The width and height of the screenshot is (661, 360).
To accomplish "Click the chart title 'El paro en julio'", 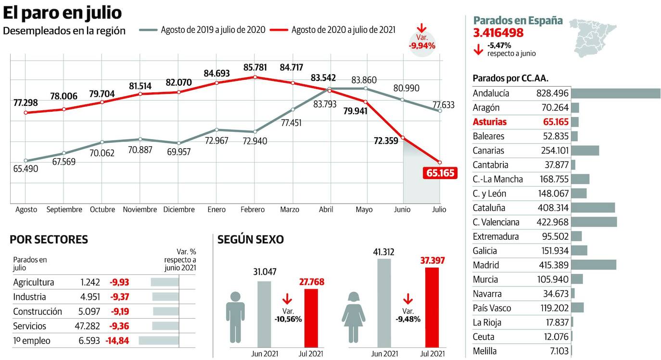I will coord(63,13).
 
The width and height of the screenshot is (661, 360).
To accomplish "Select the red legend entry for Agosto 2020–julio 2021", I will coord(343,30).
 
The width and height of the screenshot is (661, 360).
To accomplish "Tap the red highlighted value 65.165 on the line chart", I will coord(440,173).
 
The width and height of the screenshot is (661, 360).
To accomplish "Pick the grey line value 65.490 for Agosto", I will coord(26,169).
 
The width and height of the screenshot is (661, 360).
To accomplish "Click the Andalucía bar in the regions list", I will coord(615,93).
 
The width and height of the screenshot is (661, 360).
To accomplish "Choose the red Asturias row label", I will coord(490,122).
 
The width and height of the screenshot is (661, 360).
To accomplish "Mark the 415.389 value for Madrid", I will coord(552,265).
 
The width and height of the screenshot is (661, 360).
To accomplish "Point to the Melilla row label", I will coord(484,351).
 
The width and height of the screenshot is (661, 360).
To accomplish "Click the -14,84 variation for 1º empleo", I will coord(117,341).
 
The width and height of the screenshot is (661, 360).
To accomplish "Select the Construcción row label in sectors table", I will coord(38,311).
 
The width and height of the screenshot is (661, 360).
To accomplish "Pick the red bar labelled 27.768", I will coord(312,318).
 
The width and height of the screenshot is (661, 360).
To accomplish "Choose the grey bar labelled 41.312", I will coord(384,303).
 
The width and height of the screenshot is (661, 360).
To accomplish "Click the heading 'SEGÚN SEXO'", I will coord(251,239).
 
